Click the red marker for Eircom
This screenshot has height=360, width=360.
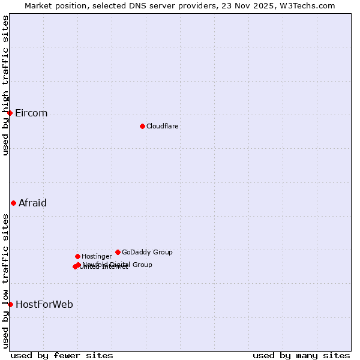(x=10, y=113)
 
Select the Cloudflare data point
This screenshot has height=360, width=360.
(x=142, y=126)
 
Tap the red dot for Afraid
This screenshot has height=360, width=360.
(x=13, y=203)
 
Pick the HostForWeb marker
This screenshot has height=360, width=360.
(x=10, y=304)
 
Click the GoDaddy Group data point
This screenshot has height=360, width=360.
(x=118, y=252)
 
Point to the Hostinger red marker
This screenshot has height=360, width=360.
(x=77, y=256)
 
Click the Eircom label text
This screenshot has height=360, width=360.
(x=31, y=113)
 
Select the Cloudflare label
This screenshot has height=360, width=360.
(x=163, y=126)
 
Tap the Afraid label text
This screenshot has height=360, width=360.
(x=32, y=203)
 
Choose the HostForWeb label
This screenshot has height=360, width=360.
(x=44, y=304)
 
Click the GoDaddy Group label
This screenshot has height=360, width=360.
(x=147, y=252)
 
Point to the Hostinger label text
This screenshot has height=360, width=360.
(x=97, y=256)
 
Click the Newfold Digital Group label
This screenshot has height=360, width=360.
(x=118, y=265)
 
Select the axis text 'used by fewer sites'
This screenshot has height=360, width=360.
(x=62, y=355)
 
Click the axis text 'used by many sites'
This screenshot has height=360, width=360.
(x=301, y=355)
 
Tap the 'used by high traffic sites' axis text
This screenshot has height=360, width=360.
(x=5, y=85)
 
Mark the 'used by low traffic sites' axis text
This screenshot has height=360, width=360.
(x=5, y=281)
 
